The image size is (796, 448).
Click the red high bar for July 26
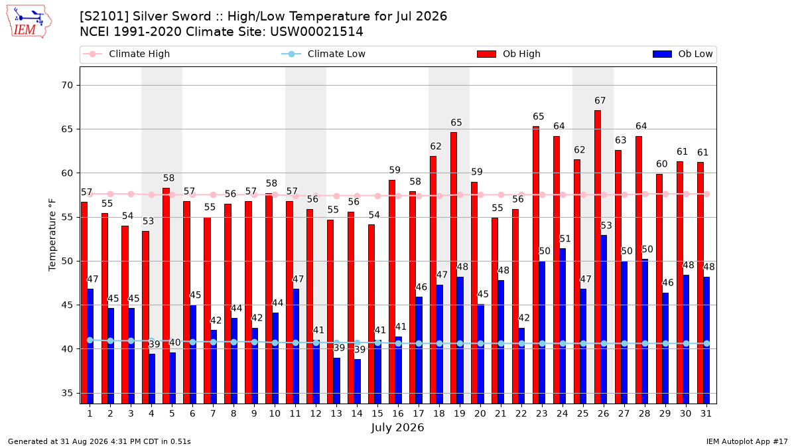(598, 257)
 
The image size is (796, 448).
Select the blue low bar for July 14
(357, 382)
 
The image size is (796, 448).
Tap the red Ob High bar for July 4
(145, 317)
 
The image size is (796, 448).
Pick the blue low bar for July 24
(563, 327)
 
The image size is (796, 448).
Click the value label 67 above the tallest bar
(600, 101)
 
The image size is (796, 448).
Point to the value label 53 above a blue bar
(606, 226)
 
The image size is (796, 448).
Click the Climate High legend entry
(126, 54)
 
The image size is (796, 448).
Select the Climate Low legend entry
(324, 54)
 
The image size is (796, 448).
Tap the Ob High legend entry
(509, 54)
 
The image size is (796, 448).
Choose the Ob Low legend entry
(683, 54)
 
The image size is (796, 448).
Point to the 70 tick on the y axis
(67, 86)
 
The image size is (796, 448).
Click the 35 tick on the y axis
(67, 393)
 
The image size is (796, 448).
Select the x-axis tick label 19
(460, 414)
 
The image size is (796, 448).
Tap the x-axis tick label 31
(706, 414)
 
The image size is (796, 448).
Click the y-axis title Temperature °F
(52, 236)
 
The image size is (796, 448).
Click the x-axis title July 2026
(397, 427)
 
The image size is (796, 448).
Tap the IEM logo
(29, 22)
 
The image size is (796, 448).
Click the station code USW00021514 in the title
(316, 32)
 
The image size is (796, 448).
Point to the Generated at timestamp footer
(99, 441)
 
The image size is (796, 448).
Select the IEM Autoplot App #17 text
(747, 441)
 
